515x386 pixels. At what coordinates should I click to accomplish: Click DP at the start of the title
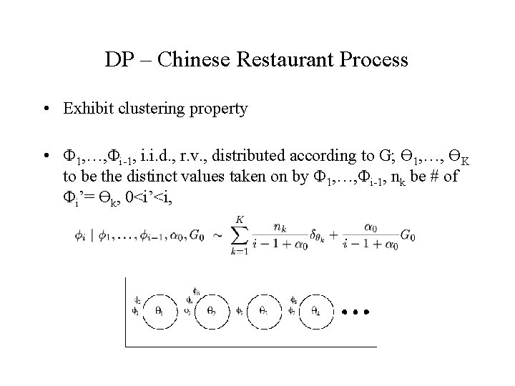coord(118,59)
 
